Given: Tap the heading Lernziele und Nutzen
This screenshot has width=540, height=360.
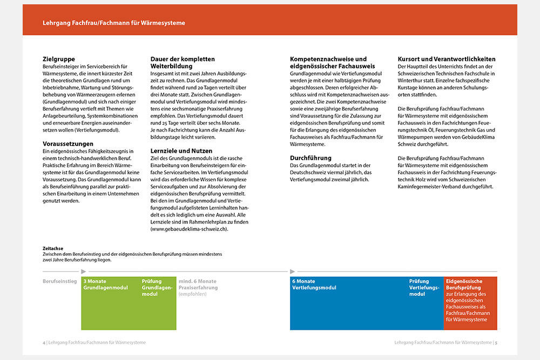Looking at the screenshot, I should [181, 151].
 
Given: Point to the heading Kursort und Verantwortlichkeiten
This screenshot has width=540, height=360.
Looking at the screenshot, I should [447, 59].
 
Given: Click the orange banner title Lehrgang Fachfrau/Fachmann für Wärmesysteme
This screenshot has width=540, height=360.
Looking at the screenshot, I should [114, 23].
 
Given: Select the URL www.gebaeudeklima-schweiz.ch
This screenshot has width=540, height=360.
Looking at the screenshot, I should [189, 229].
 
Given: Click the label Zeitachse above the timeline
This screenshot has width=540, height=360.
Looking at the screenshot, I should [53, 248].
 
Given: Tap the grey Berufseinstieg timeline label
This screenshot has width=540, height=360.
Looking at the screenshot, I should [59, 281].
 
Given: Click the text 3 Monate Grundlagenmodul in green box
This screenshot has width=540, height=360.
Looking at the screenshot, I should [105, 284].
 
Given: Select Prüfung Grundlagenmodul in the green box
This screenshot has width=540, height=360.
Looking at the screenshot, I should [157, 288].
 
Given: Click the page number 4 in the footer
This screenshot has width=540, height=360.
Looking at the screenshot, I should [44, 342].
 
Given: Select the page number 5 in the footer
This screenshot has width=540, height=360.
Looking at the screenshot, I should [496, 342].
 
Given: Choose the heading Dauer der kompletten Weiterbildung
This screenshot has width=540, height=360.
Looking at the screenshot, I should [183, 62].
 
